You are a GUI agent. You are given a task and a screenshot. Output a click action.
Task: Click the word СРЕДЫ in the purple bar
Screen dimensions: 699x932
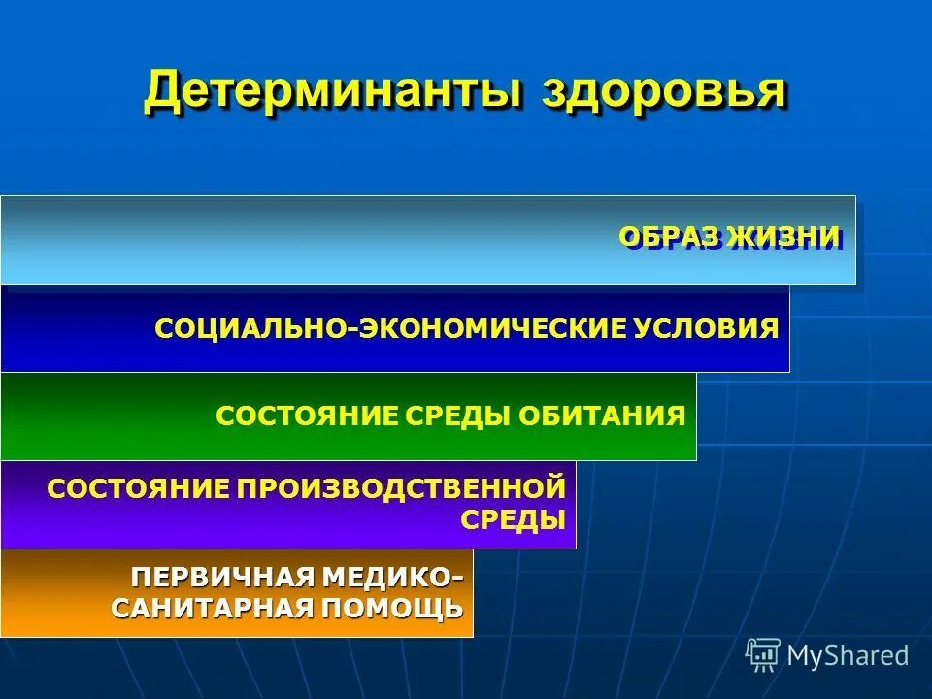click(513, 519)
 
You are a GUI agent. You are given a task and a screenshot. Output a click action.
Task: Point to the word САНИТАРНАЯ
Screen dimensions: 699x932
click(212, 611)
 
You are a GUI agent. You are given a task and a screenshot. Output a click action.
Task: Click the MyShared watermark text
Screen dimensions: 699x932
click(848, 655)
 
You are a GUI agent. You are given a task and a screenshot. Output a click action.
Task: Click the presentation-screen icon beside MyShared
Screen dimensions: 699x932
click(763, 654)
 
